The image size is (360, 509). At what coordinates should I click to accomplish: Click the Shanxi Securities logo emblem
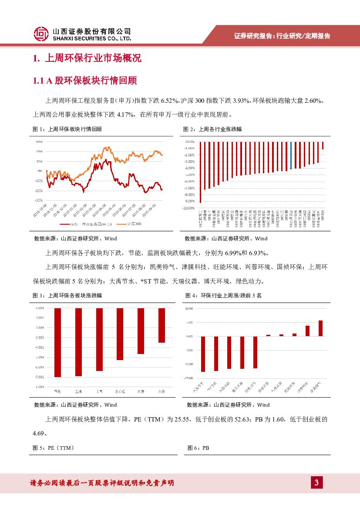click(x=41, y=34)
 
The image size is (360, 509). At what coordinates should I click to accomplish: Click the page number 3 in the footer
click(x=316, y=482)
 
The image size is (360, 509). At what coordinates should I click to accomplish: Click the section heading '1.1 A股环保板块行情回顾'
click(x=85, y=81)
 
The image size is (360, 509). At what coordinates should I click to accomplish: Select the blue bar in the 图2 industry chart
click(x=291, y=155)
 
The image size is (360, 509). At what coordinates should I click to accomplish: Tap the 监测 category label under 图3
click(x=78, y=391)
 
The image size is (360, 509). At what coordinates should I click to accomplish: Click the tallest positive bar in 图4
click(x=320, y=328)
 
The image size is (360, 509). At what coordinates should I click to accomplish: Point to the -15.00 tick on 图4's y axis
click(x=188, y=378)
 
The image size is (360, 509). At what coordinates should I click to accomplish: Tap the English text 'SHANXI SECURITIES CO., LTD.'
click(x=91, y=38)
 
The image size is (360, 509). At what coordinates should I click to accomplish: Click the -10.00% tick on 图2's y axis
click(x=188, y=208)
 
